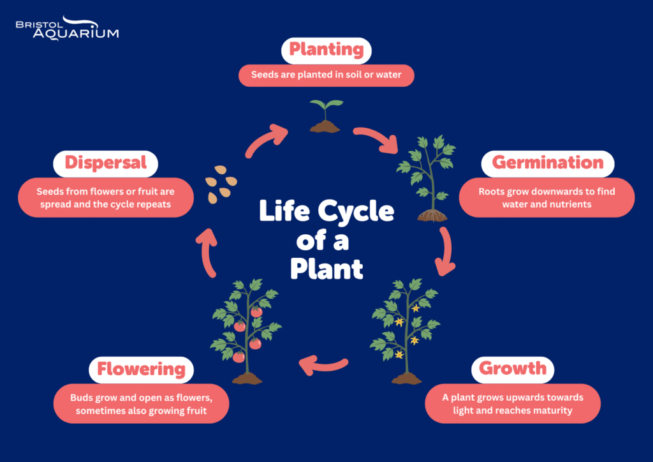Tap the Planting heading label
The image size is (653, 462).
[x=326, y=50]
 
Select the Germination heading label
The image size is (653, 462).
[x=547, y=163]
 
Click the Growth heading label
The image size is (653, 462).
[x=513, y=368]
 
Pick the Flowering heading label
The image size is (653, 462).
[x=141, y=369]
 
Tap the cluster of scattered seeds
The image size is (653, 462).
[x=221, y=184]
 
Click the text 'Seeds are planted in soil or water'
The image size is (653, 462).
[x=326, y=75]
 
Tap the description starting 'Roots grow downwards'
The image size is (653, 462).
[x=547, y=197]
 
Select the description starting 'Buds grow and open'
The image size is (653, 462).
[x=141, y=404]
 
